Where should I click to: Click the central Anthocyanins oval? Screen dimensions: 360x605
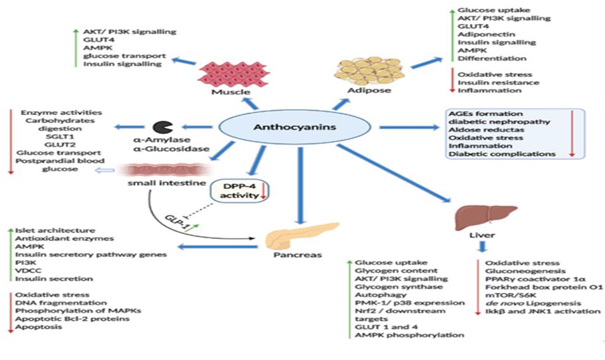(x=297, y=127)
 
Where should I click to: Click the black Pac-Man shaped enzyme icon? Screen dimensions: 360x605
(x=159, y=127)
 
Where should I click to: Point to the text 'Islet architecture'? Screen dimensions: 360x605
(x=54, y=230)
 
